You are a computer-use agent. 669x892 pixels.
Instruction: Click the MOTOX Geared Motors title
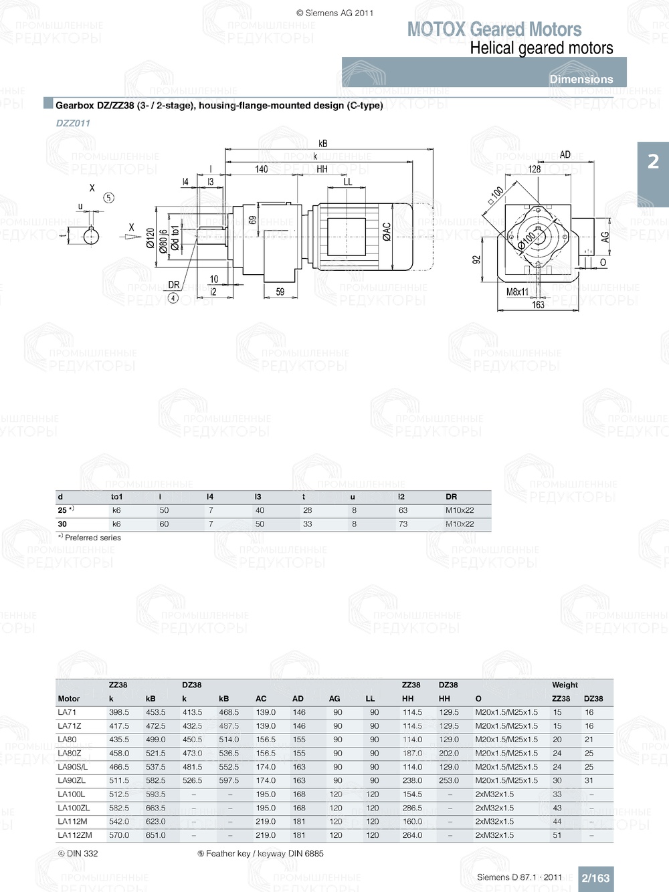click(494, 29)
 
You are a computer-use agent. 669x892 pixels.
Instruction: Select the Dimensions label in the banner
click(581, 79)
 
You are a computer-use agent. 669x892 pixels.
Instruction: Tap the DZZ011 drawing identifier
click(73, 123)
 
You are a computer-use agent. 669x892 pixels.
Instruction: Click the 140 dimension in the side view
click(262, 169)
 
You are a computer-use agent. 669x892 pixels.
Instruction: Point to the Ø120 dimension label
click(151, 239)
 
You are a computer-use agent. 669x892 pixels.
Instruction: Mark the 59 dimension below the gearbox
click(280, 292)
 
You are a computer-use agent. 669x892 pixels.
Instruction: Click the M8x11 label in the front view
click(517, 292)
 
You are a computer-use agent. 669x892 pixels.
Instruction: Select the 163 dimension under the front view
click(538, 305)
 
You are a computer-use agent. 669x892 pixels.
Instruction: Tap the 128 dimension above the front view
click(535, 169)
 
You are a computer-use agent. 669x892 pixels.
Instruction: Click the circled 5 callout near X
click(109, 198)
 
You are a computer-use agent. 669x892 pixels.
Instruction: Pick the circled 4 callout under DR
click(173, 298)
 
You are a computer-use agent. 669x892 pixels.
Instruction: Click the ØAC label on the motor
click(387, 231)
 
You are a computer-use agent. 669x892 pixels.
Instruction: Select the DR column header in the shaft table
click(452, 497)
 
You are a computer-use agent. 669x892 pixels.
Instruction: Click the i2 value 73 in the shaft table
click(403, 524)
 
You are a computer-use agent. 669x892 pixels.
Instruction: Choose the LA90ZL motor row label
click(72, 780)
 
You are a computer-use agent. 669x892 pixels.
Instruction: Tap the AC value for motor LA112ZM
click(266, 835)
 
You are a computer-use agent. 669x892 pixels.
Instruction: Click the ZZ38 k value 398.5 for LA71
click(119, 712)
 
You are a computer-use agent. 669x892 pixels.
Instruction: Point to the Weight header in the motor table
click(565, 685)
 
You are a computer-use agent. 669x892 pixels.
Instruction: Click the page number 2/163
click(595, 878)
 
